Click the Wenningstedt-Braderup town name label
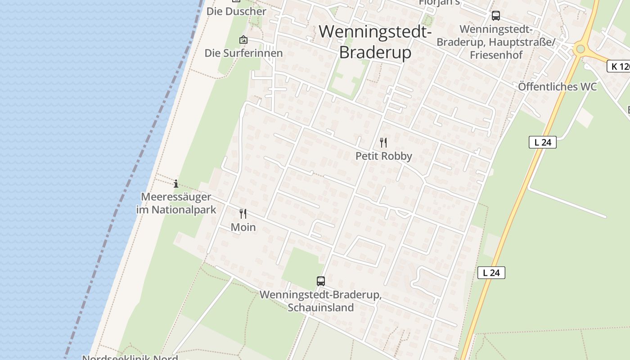(375, 42)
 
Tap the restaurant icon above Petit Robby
(383, 143)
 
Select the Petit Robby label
(383, 156)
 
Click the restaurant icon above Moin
(243, 213)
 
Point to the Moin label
(243, 227)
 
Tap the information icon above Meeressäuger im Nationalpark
(176, 184)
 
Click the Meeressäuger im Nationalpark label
(176, 203)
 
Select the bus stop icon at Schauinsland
(321, 281)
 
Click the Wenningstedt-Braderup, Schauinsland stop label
(321, 301)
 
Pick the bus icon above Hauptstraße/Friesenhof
(496, 16)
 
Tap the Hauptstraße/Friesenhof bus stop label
(496, 42)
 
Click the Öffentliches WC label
(557, 86)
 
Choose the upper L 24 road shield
(543, 142)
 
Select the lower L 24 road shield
(491, 273)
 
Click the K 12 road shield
(619, 67)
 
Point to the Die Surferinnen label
(243, 53)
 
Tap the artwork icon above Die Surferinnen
(243, 40)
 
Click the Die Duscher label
(236, 11)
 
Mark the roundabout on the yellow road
(580, 49)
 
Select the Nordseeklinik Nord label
(130, 357)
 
